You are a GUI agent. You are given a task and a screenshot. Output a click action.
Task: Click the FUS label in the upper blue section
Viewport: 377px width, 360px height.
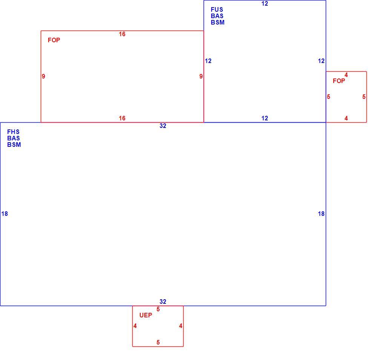(x=217, y=10)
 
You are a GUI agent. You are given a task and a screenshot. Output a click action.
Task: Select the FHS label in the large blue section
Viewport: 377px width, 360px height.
(x=13, y=132)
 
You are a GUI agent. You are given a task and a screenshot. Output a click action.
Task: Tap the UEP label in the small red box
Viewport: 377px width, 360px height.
(x=146, y=315)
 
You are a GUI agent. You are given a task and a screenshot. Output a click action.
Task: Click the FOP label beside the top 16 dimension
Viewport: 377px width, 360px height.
(x=54, y=40)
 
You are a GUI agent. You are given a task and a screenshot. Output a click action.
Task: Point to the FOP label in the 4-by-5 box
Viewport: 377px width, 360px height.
(x=339, y=81)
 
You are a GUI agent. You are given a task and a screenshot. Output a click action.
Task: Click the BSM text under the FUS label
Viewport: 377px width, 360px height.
(x=218, y=22)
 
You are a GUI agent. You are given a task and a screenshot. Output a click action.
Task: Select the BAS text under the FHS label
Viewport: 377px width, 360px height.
(x=14, y=138)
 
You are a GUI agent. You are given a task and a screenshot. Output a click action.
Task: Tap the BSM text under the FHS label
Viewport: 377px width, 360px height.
(x=14, y=145)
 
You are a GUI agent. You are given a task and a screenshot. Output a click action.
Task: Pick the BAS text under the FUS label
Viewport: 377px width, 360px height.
(x=217, y=16)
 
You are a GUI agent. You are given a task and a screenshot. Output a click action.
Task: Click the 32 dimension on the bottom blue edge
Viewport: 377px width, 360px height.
(x=163, y=302)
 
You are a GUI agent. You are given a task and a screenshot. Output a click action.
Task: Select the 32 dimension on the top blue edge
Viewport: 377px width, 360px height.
(x=163, y=126)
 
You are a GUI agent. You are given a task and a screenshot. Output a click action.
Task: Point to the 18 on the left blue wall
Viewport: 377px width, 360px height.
(x=5, y=214)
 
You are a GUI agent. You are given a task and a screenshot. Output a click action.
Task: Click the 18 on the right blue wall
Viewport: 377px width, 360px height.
(x=321, y=214)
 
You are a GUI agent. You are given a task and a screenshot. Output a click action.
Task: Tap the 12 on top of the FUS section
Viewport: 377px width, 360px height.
(x=265, y=4)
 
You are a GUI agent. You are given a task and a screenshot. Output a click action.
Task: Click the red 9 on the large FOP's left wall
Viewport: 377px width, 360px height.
(x=43, y=76)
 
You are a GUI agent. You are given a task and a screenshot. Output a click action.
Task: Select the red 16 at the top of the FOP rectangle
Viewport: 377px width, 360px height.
(x=122, y=34)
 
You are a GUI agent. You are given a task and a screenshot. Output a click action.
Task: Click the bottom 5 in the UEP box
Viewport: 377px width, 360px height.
(x=158, y=342)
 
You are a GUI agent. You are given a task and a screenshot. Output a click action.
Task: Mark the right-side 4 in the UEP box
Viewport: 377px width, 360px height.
(x=181, y=326)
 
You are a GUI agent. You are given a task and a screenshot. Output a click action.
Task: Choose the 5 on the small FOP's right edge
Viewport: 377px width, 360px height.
(x=364, y=97)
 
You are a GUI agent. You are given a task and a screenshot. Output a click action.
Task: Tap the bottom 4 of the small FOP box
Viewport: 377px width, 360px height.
(x=346, y=118)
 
